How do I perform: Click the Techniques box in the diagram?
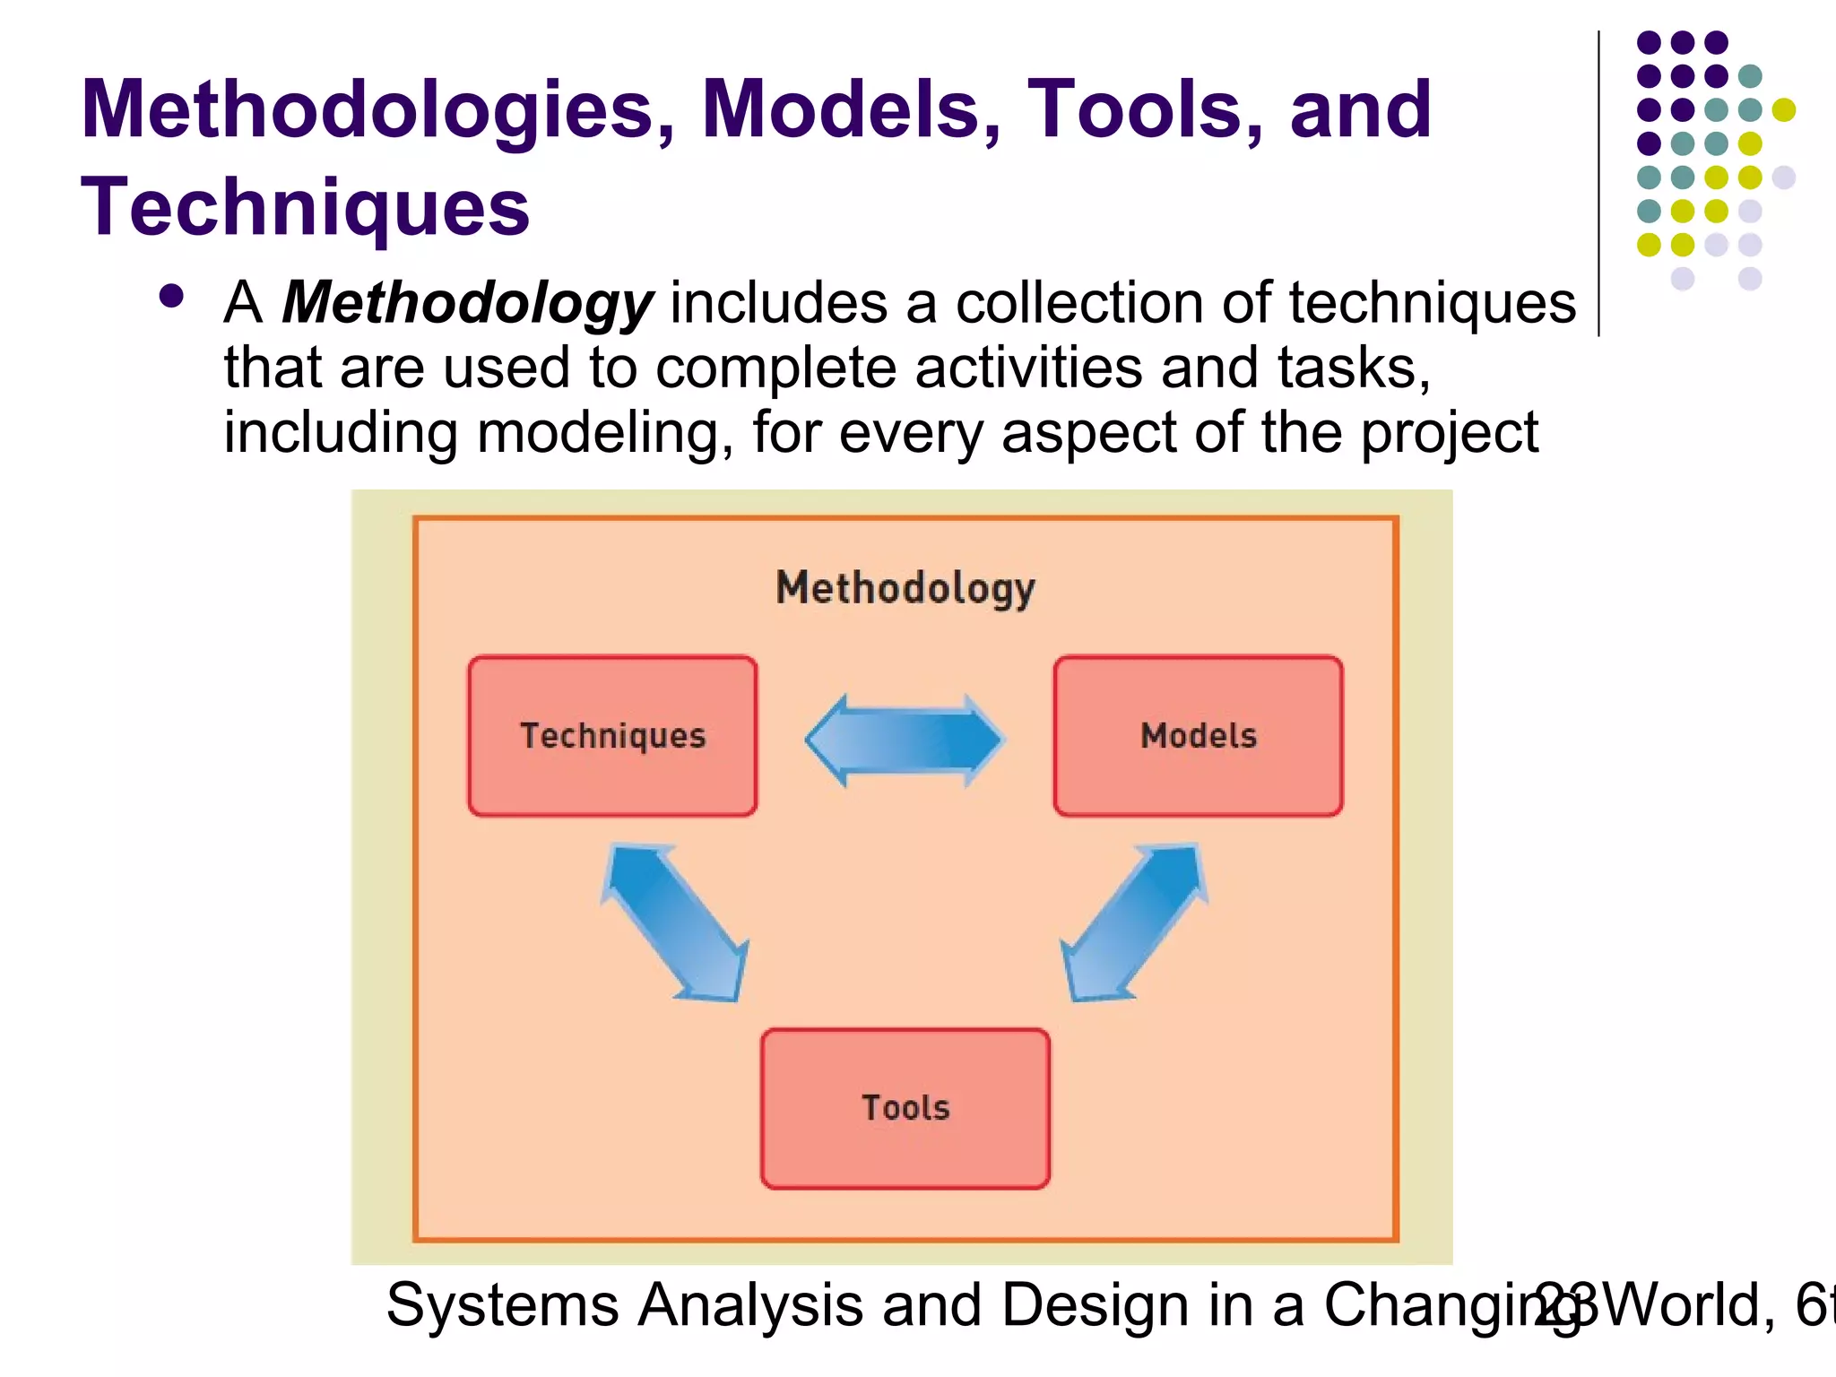[612, 736]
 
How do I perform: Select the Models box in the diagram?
[1198, 736]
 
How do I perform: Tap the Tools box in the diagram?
[905, 1108]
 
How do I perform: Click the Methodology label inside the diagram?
[905, 590]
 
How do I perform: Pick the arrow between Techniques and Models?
[905, 740]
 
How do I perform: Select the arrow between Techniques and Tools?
[675, 922]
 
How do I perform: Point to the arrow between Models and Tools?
[1134, 922]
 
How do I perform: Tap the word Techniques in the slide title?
[305, 208]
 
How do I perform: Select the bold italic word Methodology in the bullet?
[467, 304]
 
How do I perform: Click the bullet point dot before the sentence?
[170, 297]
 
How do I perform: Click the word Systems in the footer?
[502, 1305]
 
